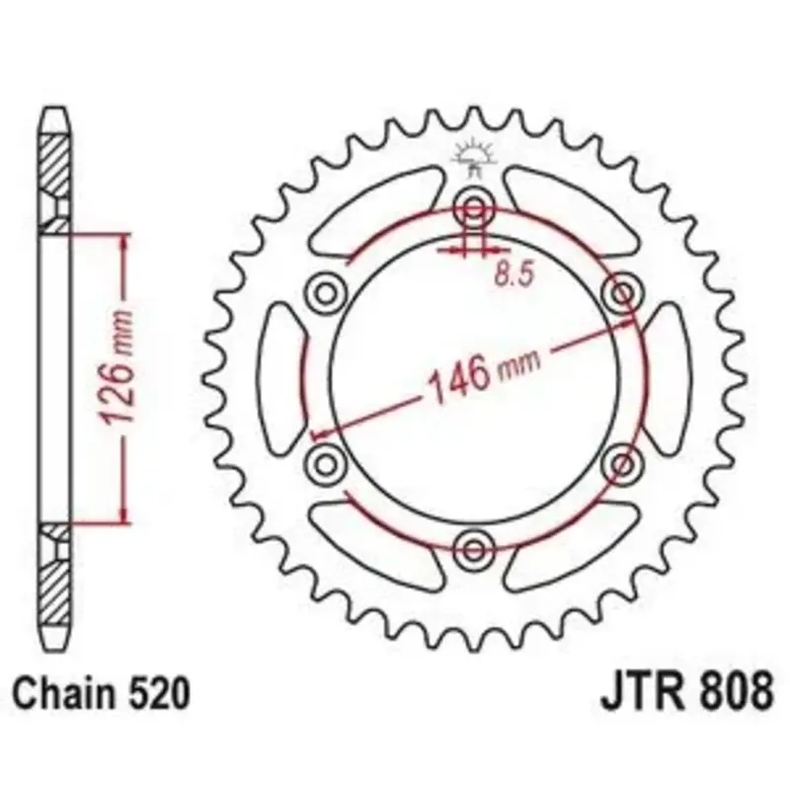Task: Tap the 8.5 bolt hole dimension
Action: tap(513, 276)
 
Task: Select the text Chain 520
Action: tap(102, 693)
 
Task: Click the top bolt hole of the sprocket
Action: tap(473, 207)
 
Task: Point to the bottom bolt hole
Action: tap(473, 549)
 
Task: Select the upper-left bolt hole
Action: tap(326, 292)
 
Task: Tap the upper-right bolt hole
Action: tap(622, 292)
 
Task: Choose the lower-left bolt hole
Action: tap(326, 463)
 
